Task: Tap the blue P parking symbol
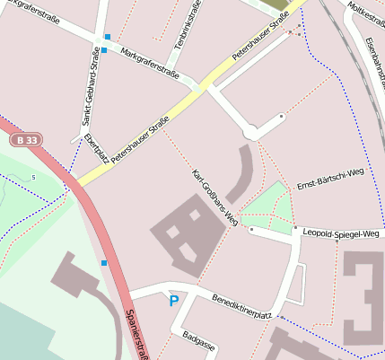tap(173, 302)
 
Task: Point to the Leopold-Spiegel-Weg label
tap(341, 233)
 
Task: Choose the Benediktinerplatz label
tap(241, 306)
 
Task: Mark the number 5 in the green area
tap(33, 178)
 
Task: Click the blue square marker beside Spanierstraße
tap(104, 263)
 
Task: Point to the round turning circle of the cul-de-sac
tap(252, 131)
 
